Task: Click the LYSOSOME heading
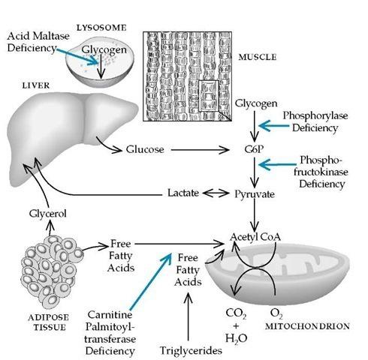point(101,28)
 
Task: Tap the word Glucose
point(145,149)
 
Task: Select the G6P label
point(254,149)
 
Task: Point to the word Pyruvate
point(255,194)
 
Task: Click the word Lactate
point(183,193)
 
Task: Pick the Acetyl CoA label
point(255,237)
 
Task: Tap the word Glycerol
point(47,214)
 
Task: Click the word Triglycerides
point(191,350)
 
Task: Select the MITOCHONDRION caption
point(307,326)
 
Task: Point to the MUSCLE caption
point(258,57)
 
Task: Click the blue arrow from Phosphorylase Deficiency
point(274,125)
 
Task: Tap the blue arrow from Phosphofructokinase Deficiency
point(277,164)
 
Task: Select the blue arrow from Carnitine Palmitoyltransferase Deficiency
point(151,280)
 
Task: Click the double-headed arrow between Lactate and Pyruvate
point(216,193)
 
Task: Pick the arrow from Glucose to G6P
point(200,150)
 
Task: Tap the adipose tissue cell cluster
point(52,272)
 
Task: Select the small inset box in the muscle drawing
point(209,96)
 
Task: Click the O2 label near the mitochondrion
point(276,313)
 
